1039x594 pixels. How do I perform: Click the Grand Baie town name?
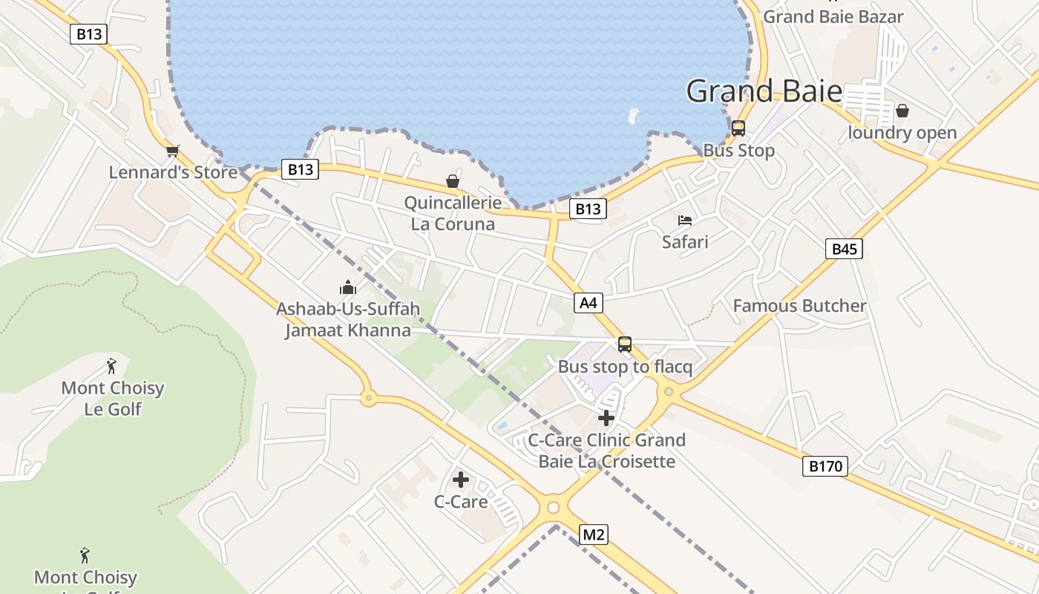764,91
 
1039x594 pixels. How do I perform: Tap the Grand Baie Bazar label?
833,16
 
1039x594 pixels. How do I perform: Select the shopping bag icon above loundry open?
902,111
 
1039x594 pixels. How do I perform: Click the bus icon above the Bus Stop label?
738,128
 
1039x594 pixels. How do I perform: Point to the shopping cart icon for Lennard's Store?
173,151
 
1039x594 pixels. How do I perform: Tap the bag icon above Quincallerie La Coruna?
452,181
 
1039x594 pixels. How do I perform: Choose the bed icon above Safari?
685,221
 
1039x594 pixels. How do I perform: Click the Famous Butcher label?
799,306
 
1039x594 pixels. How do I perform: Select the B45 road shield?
844,249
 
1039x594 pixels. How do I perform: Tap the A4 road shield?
588,302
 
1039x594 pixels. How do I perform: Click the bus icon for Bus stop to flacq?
625,345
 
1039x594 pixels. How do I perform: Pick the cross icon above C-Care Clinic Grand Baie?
606,418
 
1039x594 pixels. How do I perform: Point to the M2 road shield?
593,534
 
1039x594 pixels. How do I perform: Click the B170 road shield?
825,466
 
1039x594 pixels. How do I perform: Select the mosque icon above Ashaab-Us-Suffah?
348,287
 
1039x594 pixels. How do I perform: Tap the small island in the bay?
633,116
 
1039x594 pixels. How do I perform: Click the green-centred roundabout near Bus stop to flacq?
669,391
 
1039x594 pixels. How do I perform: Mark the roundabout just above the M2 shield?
553,508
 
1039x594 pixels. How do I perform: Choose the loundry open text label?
902,133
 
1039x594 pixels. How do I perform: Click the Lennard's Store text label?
173,172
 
